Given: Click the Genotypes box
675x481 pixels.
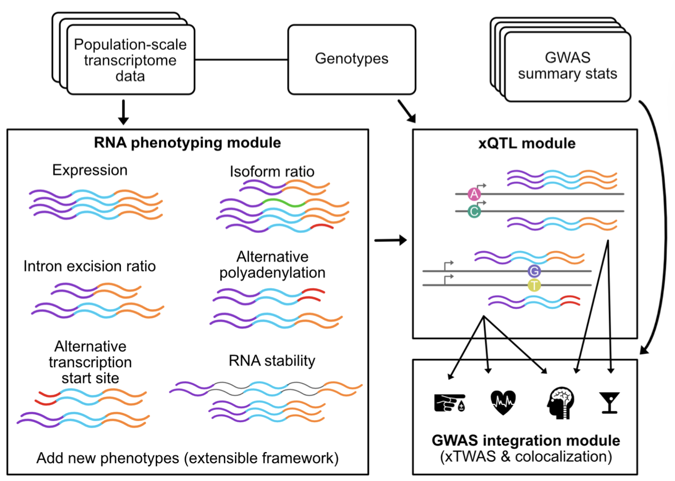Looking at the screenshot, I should [352, 58].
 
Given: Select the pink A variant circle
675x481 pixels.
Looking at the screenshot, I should [474, 194].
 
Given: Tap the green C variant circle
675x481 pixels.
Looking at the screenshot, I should [474, 212].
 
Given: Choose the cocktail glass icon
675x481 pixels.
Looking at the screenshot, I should [609, 403].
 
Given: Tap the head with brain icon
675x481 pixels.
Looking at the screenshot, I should [558, 402].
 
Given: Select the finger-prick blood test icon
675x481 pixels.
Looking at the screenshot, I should [449, 402].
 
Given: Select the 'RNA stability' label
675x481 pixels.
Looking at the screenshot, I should [272, 361].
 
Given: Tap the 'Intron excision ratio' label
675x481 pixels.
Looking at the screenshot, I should [90, 266].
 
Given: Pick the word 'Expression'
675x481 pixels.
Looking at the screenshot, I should [90, 170].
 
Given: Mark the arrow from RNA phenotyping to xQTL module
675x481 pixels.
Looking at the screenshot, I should [391, 241].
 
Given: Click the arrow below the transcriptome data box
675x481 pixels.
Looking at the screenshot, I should [123, 113].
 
